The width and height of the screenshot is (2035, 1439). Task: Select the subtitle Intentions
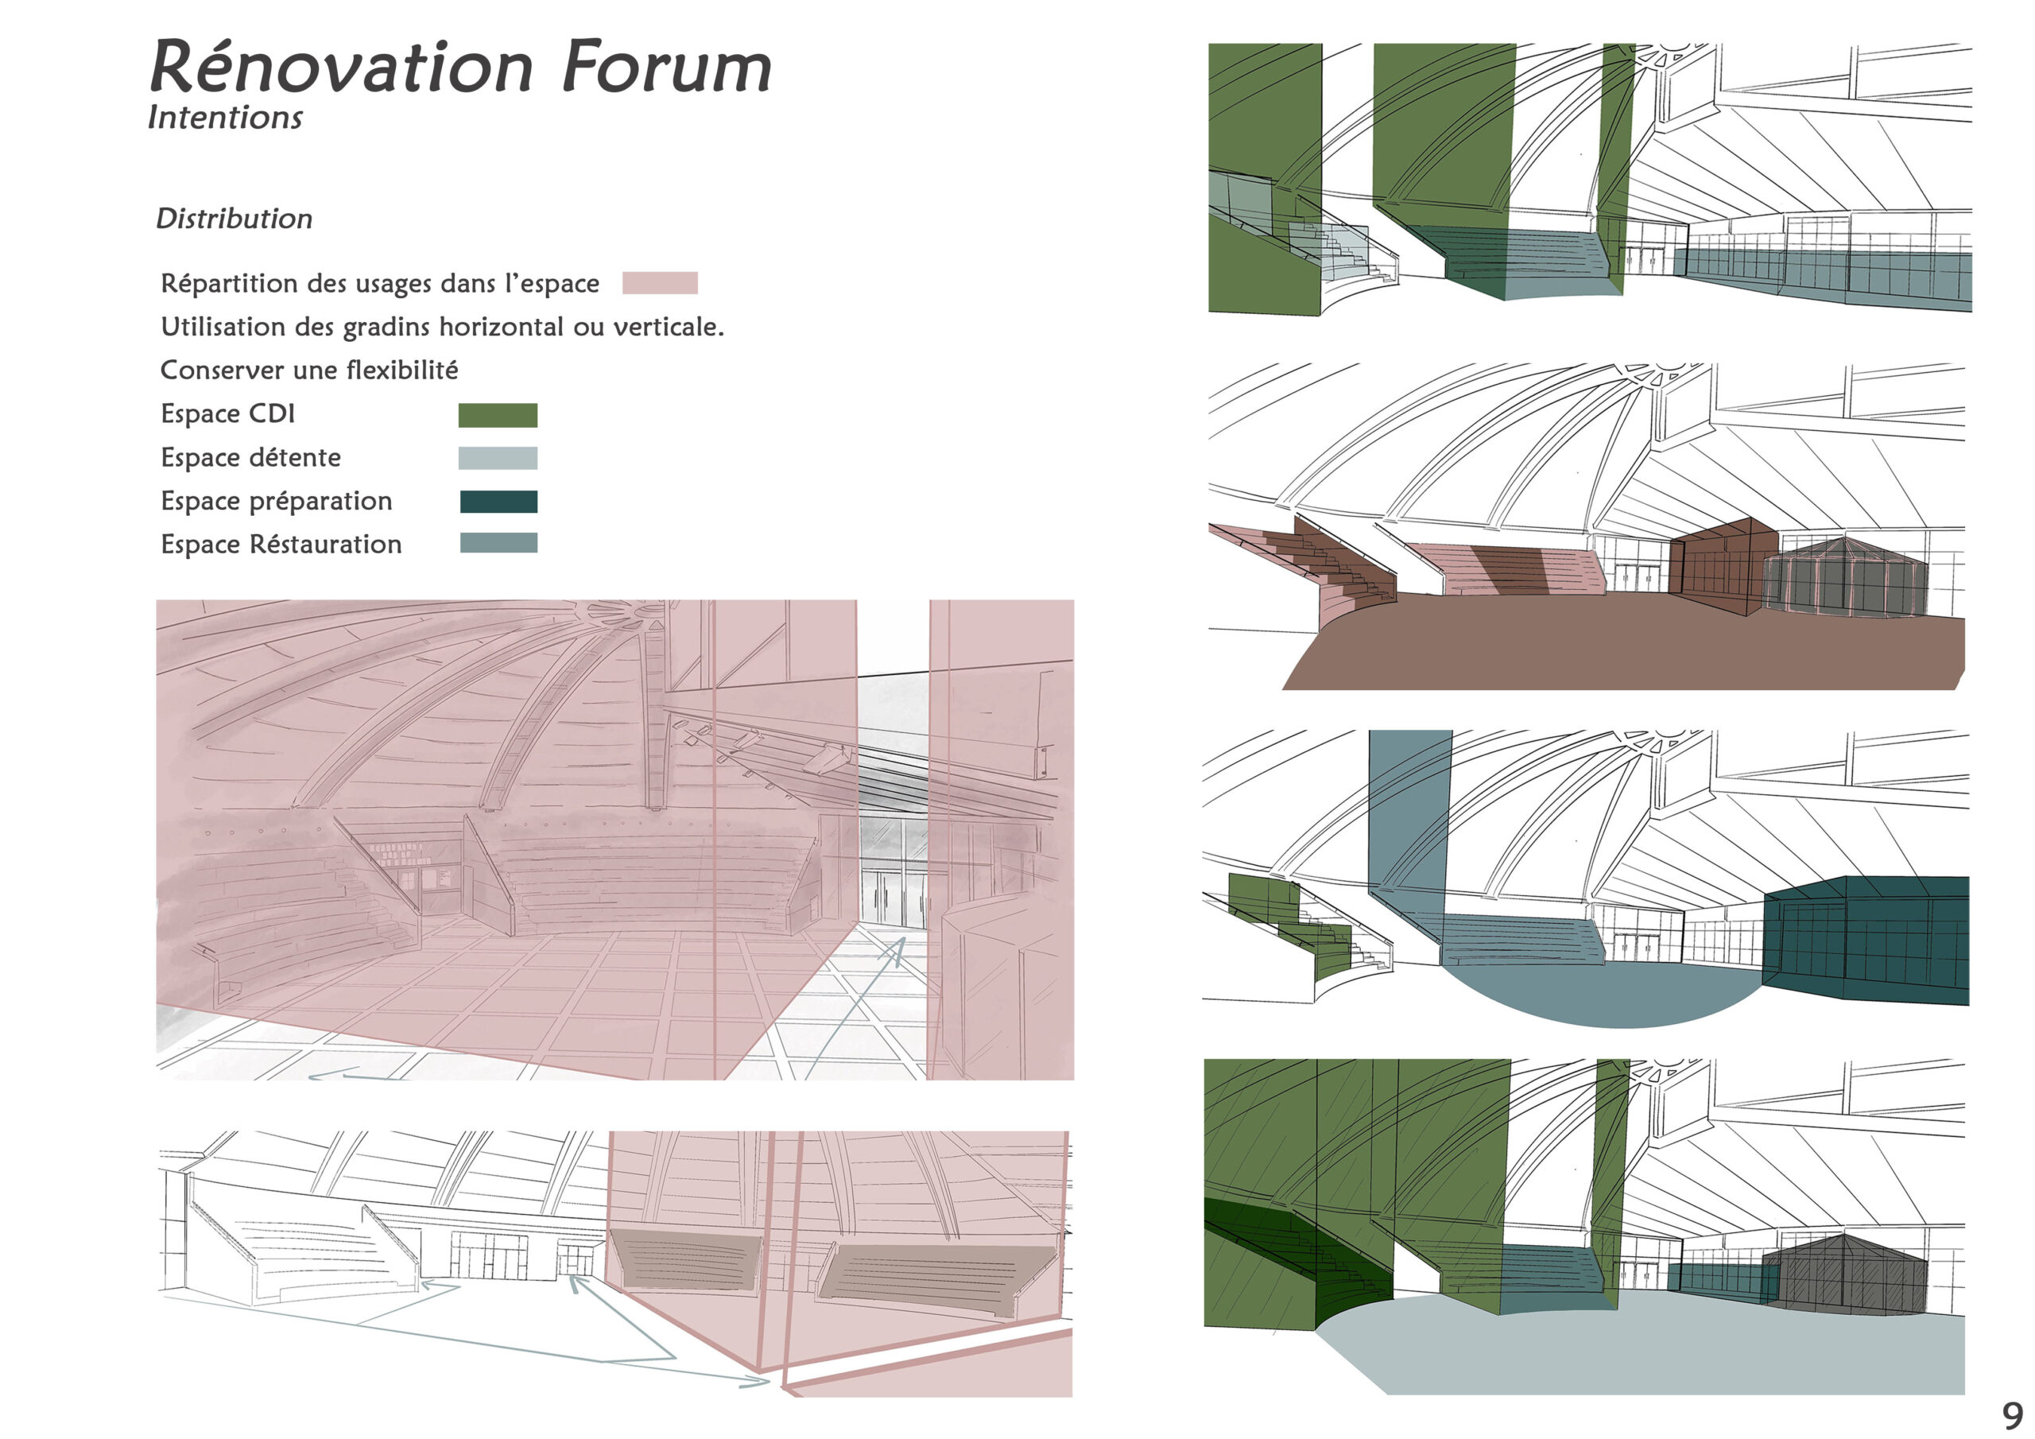point(225,117)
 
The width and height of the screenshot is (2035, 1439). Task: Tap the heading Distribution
point(234,218)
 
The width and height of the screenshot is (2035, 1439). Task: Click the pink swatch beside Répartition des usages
point(660,283)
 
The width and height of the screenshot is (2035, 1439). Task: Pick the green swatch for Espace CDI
point(498,415)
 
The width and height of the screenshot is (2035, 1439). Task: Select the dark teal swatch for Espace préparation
point(498,501)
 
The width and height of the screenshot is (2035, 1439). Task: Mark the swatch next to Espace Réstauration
point(498,543)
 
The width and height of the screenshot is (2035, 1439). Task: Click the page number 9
point(2013,1414)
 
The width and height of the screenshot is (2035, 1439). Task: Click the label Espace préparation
point(276,501)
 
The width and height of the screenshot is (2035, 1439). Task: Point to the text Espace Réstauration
point(281,544)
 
